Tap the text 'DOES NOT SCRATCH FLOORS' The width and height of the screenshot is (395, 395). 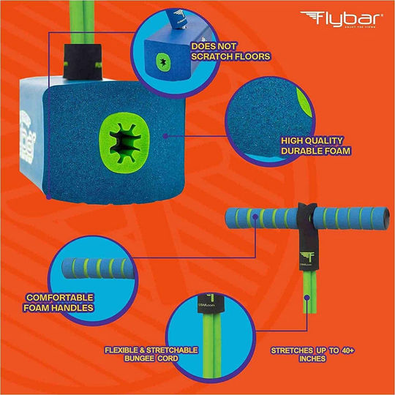(230, 50)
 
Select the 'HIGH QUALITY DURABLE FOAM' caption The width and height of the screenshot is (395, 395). (315, 146)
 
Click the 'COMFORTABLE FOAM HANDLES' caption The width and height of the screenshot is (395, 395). (59, 303)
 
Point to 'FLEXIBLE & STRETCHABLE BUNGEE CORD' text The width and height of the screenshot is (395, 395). (151, 354)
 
